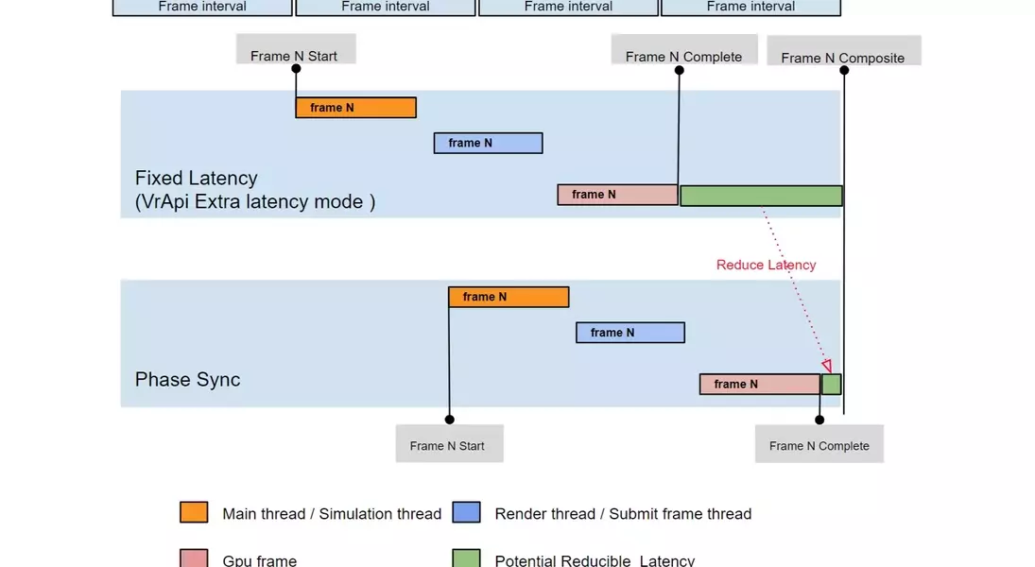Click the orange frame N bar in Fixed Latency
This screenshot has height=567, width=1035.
coord(355,108)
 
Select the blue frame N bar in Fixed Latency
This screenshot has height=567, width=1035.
coord(488,143)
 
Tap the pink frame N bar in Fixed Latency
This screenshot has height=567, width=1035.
coord(617,195)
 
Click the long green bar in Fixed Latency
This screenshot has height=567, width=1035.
coord(761,196)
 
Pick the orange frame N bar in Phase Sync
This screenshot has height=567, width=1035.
coord(509,297)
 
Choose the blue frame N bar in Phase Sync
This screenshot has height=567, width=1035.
coord(630,333)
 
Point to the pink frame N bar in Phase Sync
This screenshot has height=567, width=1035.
coord(759,384)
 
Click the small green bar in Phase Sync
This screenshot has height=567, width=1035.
coord(831,384)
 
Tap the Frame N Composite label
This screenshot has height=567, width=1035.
coord(843,57)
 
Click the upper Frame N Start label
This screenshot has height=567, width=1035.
coord(294,55)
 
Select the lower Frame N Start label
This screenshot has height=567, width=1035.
coord(448,445)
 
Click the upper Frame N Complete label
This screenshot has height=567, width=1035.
coord(683,56)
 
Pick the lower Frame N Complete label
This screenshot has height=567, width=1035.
coord(819,445)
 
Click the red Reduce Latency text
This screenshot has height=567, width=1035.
coord(766,265)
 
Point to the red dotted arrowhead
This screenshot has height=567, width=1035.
coord(826,366)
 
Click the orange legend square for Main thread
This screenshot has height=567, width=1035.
coord(194,512)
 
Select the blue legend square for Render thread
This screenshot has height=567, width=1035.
coord(466,512)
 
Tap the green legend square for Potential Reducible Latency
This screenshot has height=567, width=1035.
coord(466,558)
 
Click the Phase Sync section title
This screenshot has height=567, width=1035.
coord(188,380)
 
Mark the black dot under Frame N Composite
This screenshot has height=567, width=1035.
coord(844,70)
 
